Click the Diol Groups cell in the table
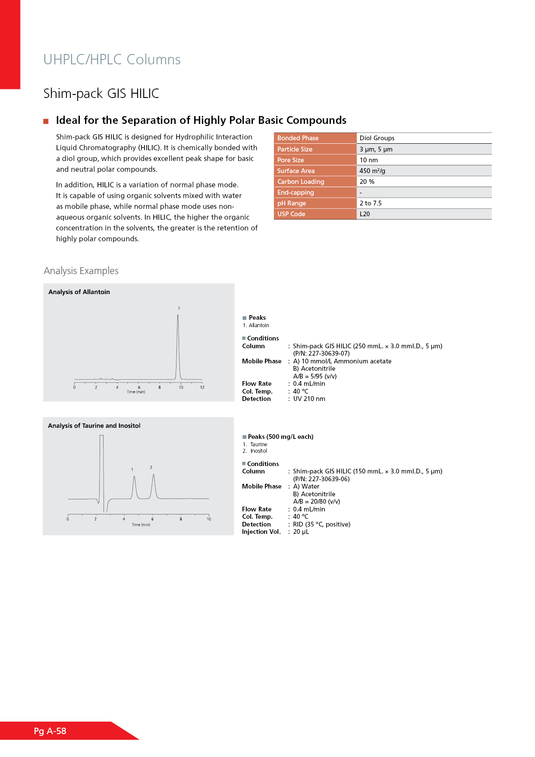tap(377, 138)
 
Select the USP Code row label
tap(291, 214)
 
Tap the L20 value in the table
tap(365, 214)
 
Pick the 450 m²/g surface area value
tap(372, 171)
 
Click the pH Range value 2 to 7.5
tap(371, 203)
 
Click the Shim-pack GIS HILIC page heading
tap(101, 93)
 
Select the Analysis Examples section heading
tap(81, 271)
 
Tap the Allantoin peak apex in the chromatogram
tap(178, 316)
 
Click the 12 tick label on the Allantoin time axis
tap(202, 388)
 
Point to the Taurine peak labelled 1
tap(135, 477)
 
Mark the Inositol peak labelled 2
tap(154, 476)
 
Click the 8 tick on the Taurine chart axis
tap(181, 519)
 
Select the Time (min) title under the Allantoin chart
tap(136, 392)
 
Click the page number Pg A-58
tap(50, 731)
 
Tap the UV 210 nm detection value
tap(309, 399)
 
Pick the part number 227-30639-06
tap(329, 479)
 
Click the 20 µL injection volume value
tap(301, 532)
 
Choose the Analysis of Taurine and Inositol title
tap(94, 426)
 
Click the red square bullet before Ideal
tap(46, 121)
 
